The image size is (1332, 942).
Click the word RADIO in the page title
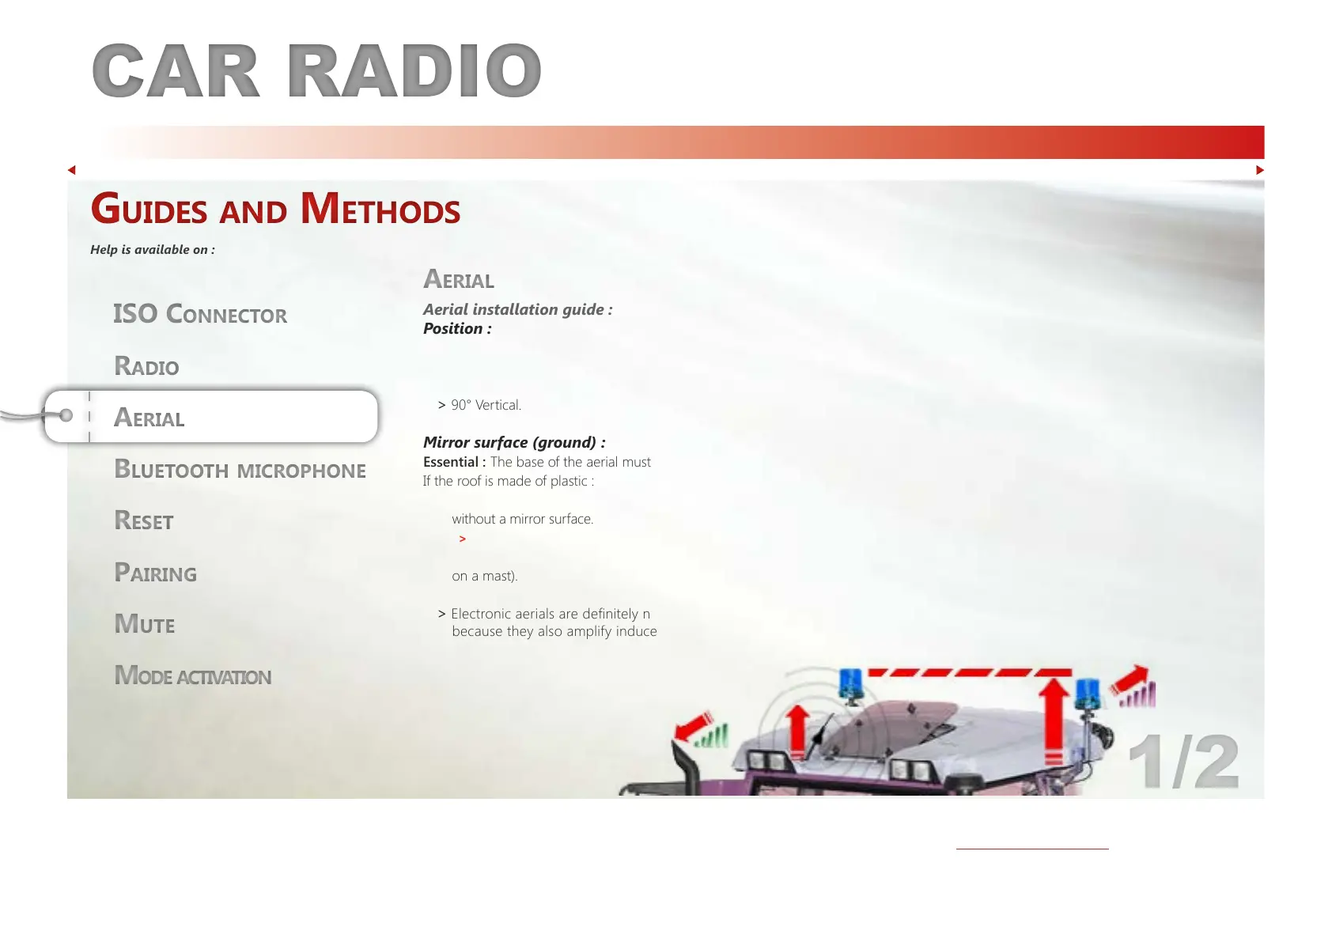[x=414, y=70]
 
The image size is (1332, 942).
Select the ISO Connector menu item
[x=200, y=314]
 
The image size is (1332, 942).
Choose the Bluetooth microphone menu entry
[x=240, y=469]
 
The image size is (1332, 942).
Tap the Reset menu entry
[x=144, y=520]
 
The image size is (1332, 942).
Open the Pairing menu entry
[x=155, y=572]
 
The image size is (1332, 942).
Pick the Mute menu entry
[x=145, y=624]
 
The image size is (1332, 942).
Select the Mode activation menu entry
[x=193, y=675]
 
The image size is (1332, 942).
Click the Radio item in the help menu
[x=146, y=365]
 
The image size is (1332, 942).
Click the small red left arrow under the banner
[x=72, y=170]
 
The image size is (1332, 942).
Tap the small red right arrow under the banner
[x=1259, y=170]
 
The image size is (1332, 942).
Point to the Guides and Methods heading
[x=275, y=209]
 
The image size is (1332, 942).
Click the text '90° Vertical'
[x=486, y=405]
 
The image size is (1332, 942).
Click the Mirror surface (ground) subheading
[x=514, y=442]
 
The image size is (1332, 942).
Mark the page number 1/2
[x=1183, y=762]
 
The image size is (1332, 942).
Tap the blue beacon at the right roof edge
[x=1088, y=694]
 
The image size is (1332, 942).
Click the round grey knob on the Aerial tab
[x=66, y=415]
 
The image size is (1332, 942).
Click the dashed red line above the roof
[x=970, y=672]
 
